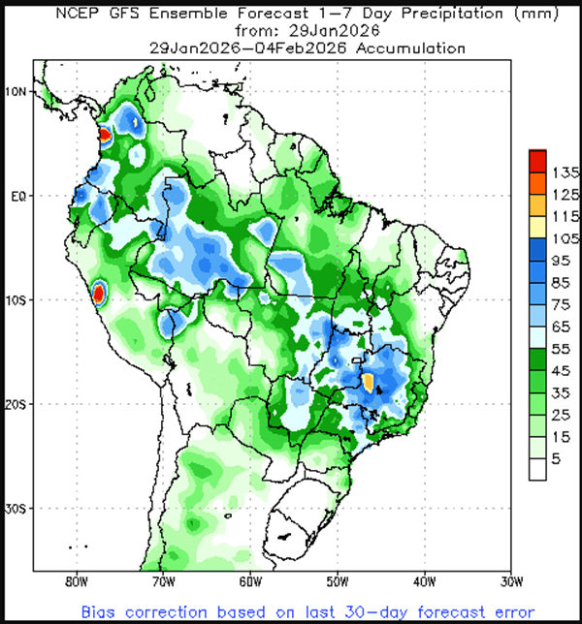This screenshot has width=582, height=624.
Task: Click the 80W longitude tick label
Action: coord(75,583)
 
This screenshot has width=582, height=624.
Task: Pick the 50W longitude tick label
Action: coord(337,583)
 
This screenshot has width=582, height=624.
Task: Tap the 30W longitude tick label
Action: coord(511,583)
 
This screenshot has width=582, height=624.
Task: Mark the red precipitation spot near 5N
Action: coord(104,137)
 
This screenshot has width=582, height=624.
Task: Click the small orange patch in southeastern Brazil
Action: coord(369,381)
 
